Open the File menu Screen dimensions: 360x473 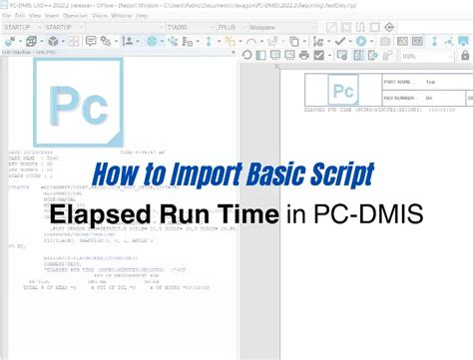6,16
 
